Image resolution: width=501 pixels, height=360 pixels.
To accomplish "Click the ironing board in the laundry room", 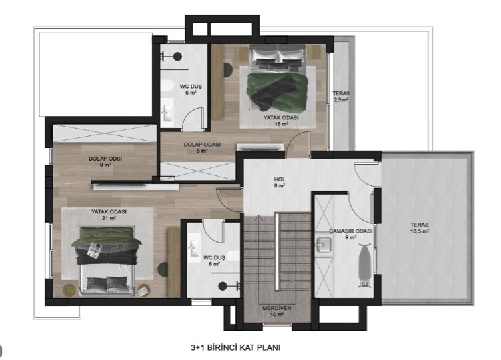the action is (364, 264).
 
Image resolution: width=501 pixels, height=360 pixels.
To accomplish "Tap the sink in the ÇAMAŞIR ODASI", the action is (324, 245).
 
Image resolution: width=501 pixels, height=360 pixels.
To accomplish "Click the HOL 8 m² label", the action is (280, 182).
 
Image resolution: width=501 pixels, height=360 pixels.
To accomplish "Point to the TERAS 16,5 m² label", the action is (420, 227).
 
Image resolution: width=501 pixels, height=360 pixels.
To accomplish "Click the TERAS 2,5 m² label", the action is (341, 97).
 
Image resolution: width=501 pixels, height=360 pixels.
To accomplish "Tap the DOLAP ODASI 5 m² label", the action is (202, 147).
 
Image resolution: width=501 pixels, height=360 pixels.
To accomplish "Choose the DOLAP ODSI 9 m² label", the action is (105, 161).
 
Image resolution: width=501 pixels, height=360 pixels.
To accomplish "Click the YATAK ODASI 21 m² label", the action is (109, 215).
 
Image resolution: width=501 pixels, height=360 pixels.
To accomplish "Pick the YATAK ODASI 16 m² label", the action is (282, 121).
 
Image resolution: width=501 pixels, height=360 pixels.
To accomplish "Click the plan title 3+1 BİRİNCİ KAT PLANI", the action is (235, 347).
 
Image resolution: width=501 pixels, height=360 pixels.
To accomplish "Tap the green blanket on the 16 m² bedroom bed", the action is (277, 91).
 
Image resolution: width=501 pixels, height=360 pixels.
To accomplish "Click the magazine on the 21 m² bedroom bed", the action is (95, 249).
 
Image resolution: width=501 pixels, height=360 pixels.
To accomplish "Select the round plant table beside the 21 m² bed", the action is (70, 290).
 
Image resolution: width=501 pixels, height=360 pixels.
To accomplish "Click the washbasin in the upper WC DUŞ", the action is (167, 110).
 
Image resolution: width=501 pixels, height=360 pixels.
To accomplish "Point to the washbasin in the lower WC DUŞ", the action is (193, 247).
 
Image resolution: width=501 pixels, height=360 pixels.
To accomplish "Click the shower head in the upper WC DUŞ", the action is (178, 57).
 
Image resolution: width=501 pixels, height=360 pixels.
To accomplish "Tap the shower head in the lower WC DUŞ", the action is (223, 286).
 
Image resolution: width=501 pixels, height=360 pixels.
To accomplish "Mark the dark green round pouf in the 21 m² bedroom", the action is (163, 269).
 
